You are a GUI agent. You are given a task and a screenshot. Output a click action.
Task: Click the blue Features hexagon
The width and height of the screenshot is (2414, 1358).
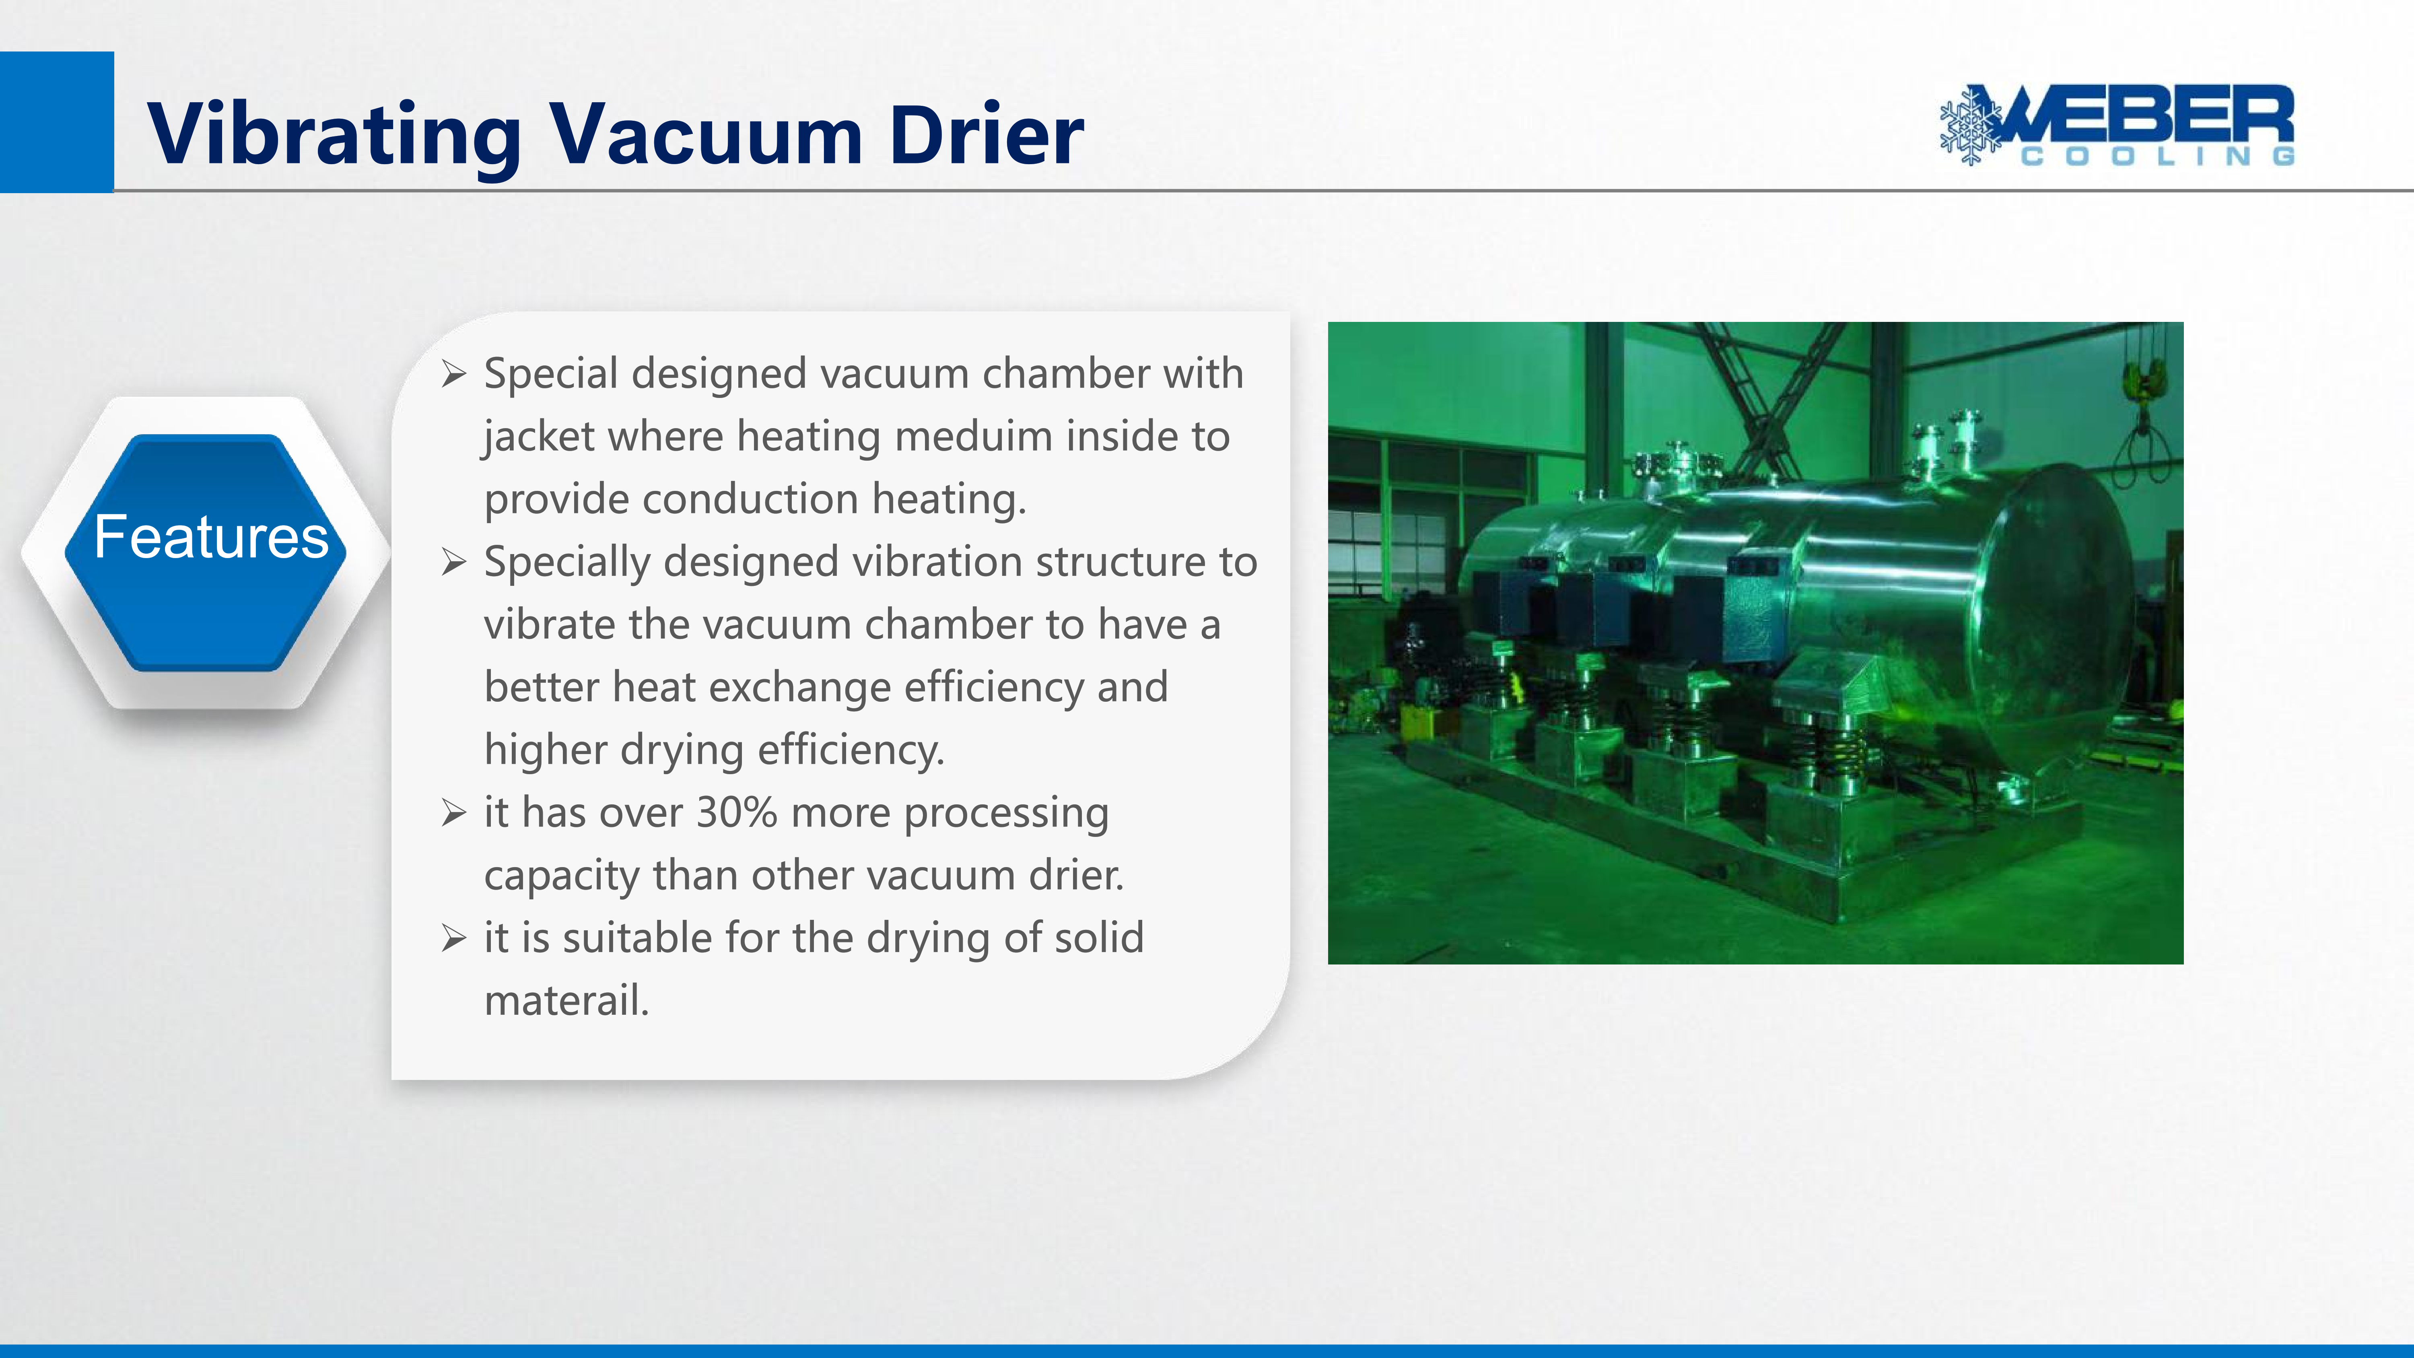pos(206,553)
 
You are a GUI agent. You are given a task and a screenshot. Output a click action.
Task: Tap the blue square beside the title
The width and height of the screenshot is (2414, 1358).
pos(56,122)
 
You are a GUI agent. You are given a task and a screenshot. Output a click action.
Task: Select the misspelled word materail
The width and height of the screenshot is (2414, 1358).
pos(566,1001)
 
